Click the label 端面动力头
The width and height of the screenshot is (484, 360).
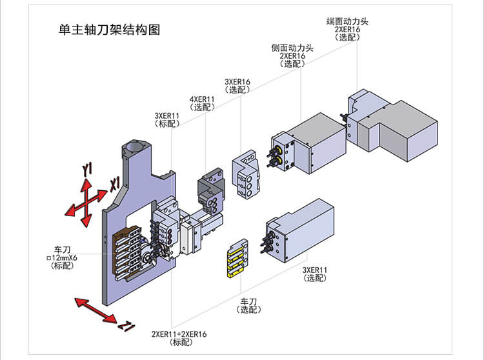coord(347,21)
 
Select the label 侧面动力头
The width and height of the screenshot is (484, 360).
coord(292,48)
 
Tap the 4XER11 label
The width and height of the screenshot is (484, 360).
coord(203,99)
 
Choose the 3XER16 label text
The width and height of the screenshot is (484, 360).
coord(237,82)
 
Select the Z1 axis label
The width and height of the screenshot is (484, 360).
coord(126,327)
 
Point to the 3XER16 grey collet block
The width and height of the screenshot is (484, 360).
coord(246,177)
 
